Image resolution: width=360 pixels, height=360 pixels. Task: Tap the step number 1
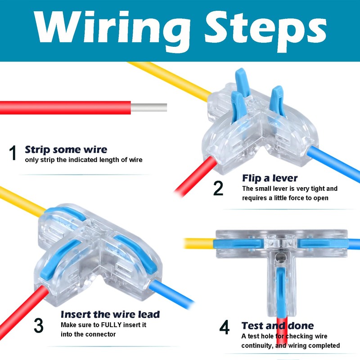click(13, 153)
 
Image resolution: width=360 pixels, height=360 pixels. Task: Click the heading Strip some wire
click(66, 149)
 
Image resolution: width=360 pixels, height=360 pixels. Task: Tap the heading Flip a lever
click(270, 178)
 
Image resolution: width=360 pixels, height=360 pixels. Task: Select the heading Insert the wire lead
click(110, 314)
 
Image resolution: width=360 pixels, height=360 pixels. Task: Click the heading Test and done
click(278, 325)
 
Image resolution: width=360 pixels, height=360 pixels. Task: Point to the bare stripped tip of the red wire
click(148, 108)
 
